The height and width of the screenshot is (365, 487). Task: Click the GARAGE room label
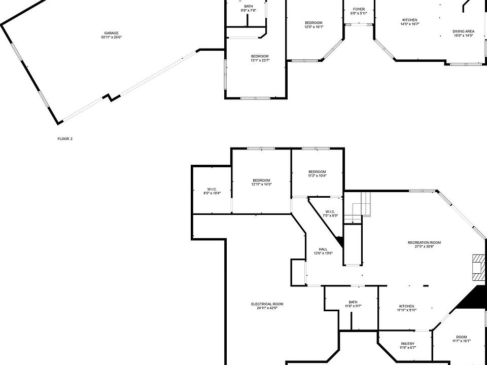(111, 33)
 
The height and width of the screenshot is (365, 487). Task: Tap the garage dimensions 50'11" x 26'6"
(111, 37)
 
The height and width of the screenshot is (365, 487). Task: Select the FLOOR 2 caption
(65, 138)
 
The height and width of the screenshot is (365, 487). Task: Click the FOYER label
(359, 9)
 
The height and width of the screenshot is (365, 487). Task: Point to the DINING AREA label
(463, 31)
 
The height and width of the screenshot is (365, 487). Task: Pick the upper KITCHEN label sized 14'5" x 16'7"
(410, 20)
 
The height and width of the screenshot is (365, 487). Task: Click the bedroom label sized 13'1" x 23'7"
(260, 56)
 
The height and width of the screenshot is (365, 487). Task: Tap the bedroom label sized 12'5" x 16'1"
(314, 23)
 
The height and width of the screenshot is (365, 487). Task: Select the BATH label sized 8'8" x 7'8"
(248, 6)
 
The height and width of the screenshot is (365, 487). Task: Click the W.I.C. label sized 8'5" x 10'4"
(212, 189)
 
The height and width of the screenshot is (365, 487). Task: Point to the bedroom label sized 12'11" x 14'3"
(261, 180)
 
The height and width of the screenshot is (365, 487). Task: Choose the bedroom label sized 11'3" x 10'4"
(317, 172)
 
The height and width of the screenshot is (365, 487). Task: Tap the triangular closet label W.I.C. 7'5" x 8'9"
(330, 211)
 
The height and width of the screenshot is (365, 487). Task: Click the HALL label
(323, 249)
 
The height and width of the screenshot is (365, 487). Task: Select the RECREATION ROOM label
(424, 243)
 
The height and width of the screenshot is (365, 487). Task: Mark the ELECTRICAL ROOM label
(267, 304)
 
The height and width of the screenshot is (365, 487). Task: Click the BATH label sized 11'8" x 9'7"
(353, 302)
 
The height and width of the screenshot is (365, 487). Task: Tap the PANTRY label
(407, 344)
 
